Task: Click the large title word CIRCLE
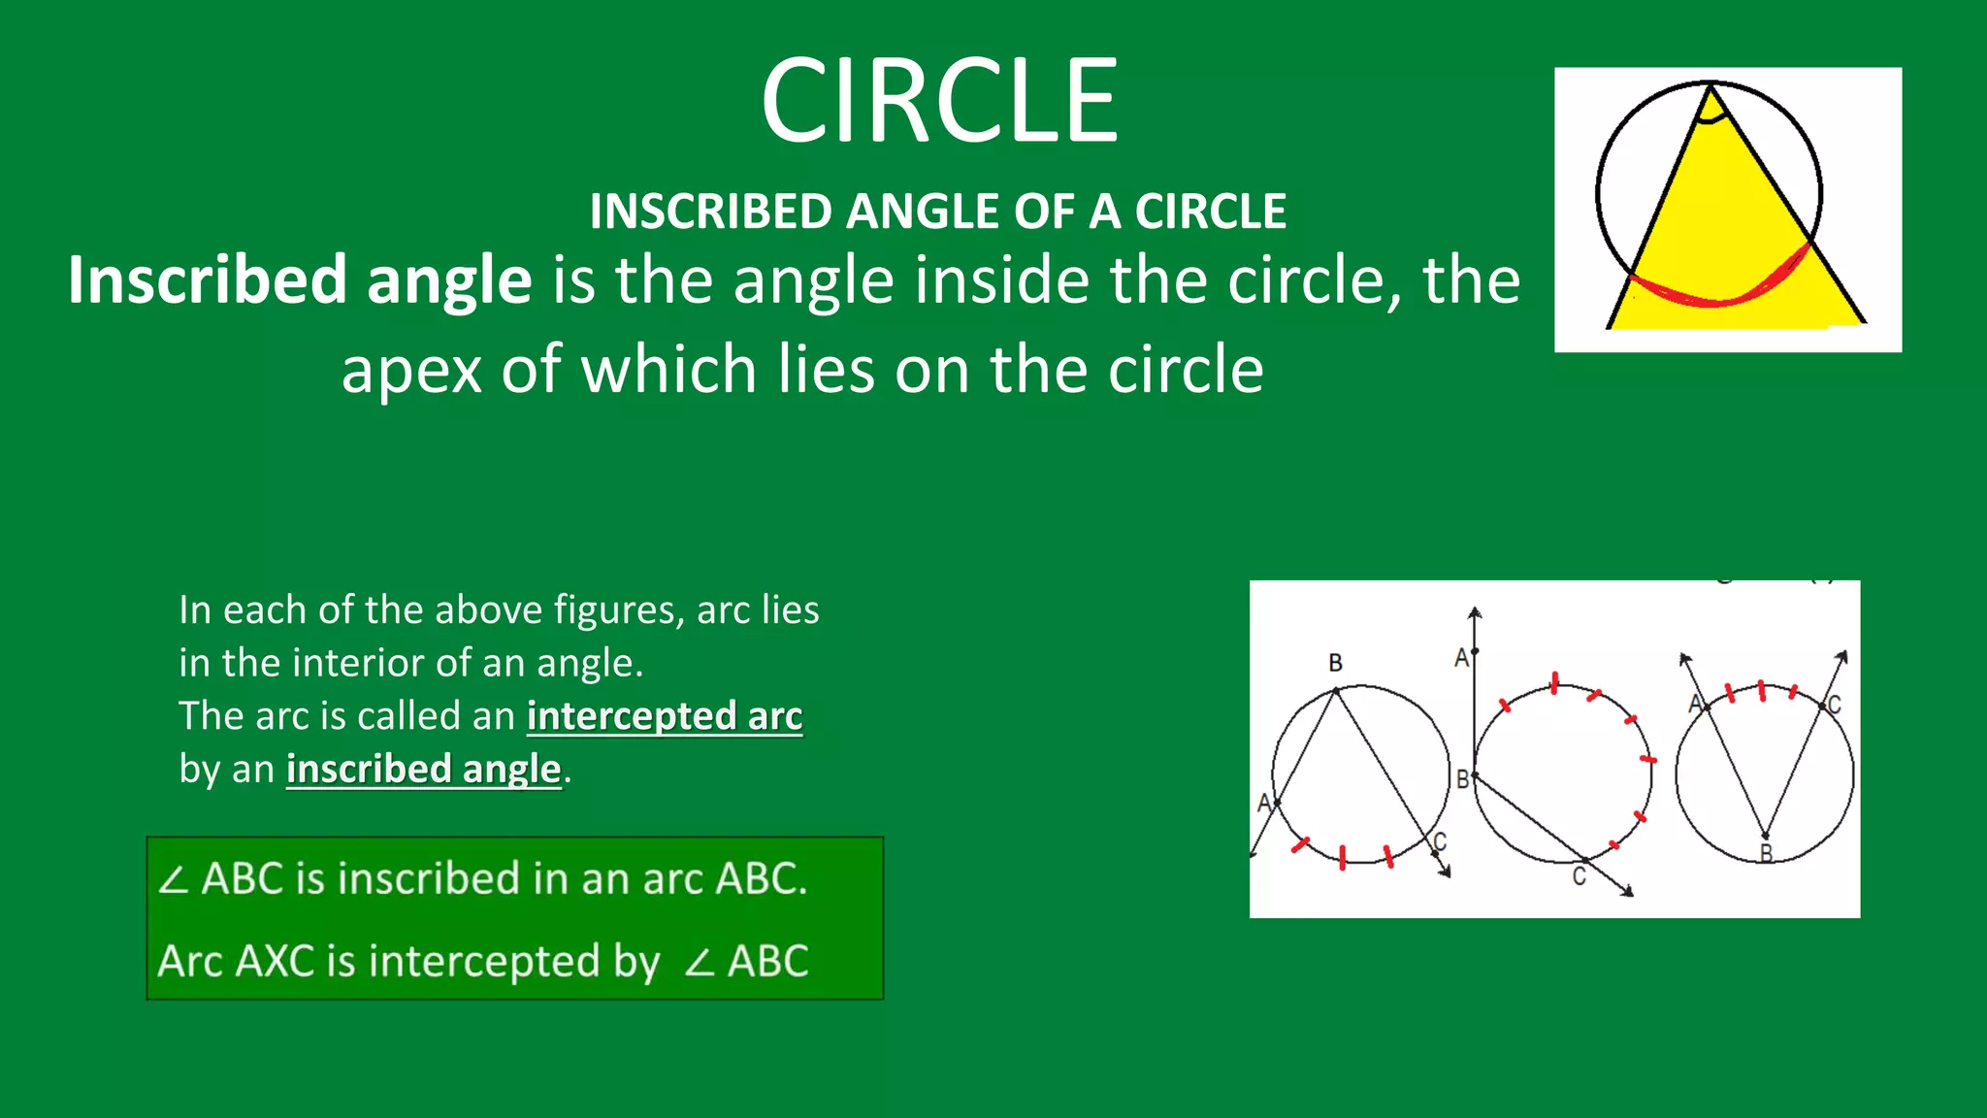(939, 101)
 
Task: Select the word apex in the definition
(411, 370)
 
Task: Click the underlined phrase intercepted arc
(665, 716)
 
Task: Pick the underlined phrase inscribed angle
(423, 770)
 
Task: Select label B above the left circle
(1336, 663)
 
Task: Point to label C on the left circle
(1440, 841)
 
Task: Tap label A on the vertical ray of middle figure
(1461, 659)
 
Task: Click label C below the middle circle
(1580, 877)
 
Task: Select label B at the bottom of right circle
(1766, 854)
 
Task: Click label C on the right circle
(1834, 706)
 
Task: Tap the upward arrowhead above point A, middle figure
(1475, 613)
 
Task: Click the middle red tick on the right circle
(1762, 691)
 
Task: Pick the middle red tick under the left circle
(1343, 857)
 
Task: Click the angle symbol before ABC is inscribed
(174, 880)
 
